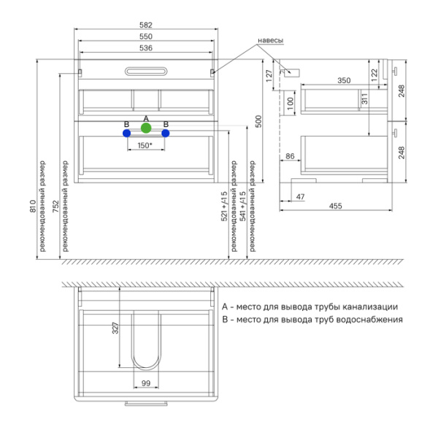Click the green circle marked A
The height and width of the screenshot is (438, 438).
(146, 128)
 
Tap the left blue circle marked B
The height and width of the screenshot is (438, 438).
(126, 134)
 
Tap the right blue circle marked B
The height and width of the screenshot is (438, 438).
(166, 134)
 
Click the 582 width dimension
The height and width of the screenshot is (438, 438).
(146, 25)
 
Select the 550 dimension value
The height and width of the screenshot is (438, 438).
(146, 36)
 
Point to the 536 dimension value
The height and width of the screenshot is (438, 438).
(146, 48)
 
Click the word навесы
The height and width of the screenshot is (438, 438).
(270, 40)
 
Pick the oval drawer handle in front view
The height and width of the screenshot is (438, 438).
(146, 72)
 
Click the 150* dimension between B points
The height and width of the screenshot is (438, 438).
(145, 145)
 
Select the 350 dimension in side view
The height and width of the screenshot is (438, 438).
(344, 80)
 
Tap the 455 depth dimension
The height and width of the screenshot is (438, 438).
(336, 206)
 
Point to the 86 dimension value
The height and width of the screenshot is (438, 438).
(290, 156)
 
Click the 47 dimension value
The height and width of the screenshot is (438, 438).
(300, 197)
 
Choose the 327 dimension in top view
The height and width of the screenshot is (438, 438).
(115, 328)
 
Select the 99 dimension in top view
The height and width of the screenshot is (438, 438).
(146, 383)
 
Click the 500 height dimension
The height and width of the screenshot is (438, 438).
(258, 121)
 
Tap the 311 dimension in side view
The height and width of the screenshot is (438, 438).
(364, 99)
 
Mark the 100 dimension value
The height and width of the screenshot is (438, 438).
(291, 104)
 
